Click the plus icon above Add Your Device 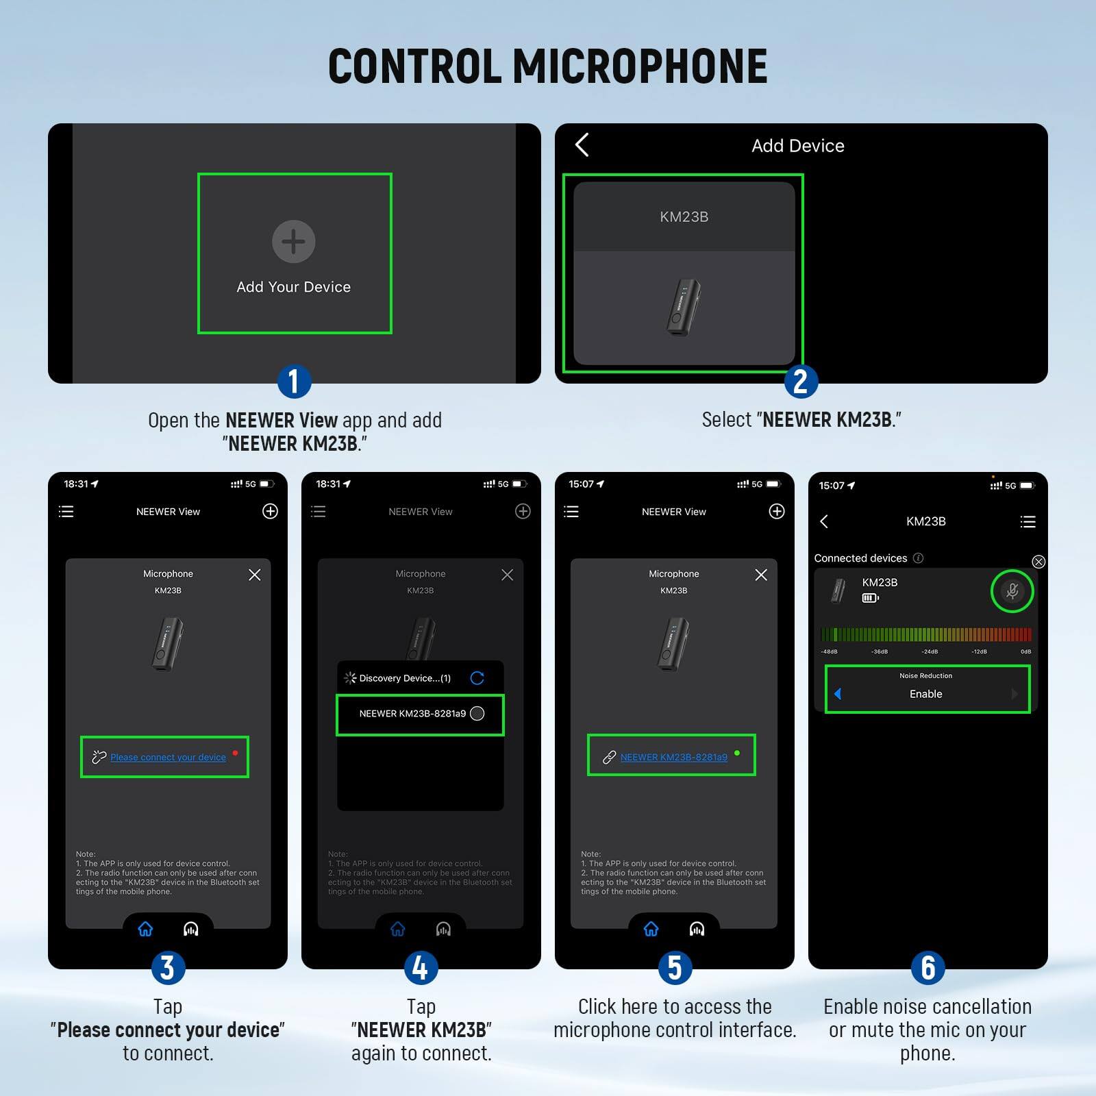point(293,241)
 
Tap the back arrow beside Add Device point(582,145)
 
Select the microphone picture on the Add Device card point(683,307)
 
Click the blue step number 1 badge point(294,382)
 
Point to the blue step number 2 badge point(800,382)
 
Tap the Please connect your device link point(168,757)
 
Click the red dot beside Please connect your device point(235,753)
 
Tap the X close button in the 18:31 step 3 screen point(254,575)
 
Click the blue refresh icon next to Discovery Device point(477,677)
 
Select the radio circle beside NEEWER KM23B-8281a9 point(477,713)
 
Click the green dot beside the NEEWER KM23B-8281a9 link point(737,753)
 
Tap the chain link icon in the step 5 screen point(609,757)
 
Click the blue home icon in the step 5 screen point(651,929)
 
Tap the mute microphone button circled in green point(1012,590)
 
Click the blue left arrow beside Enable point(838,694)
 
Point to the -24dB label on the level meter point(930,651)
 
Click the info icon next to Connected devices point(919,558)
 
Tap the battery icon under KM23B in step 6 point(870,598)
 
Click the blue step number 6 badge point(927,968)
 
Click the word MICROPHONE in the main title point(640,66)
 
